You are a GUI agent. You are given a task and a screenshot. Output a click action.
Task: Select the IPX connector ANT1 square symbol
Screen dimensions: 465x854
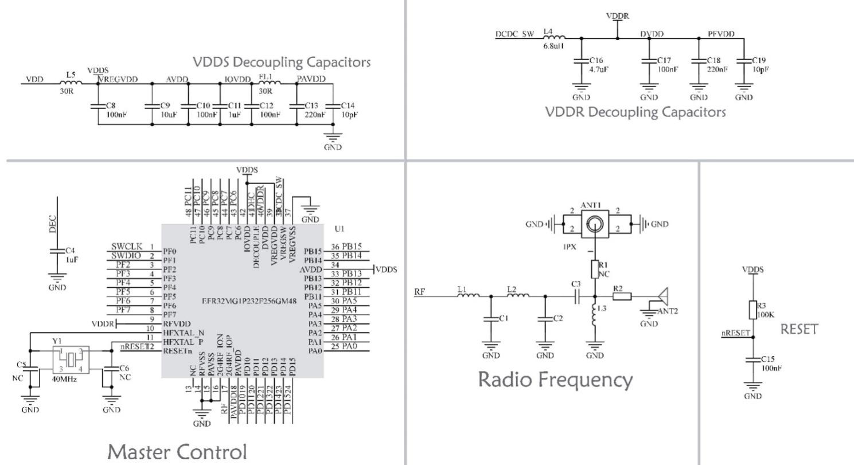(x=597, y=223)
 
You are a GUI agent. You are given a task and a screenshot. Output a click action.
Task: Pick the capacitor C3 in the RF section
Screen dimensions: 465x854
(x=576, y=296)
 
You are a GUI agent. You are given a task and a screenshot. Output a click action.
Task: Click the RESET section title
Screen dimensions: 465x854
(x=798, y=329)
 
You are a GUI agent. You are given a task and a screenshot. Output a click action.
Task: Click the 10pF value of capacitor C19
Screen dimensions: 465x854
(x=761, y=69)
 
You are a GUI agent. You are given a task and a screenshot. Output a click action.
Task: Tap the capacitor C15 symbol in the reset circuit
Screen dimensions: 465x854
(x=753, y=361)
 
